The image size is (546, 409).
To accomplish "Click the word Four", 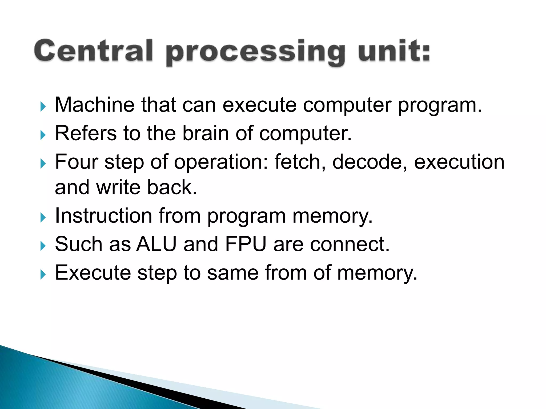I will (x=77, y=162).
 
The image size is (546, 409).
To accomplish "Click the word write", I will (x=118, y=187).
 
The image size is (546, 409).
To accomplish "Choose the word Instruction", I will (x=103, y=215).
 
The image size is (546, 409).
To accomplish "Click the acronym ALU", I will (x=156, y=244).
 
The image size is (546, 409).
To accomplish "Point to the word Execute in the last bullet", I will (x=93, y=273).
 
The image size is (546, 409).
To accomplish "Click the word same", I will (x=233, y=273).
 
